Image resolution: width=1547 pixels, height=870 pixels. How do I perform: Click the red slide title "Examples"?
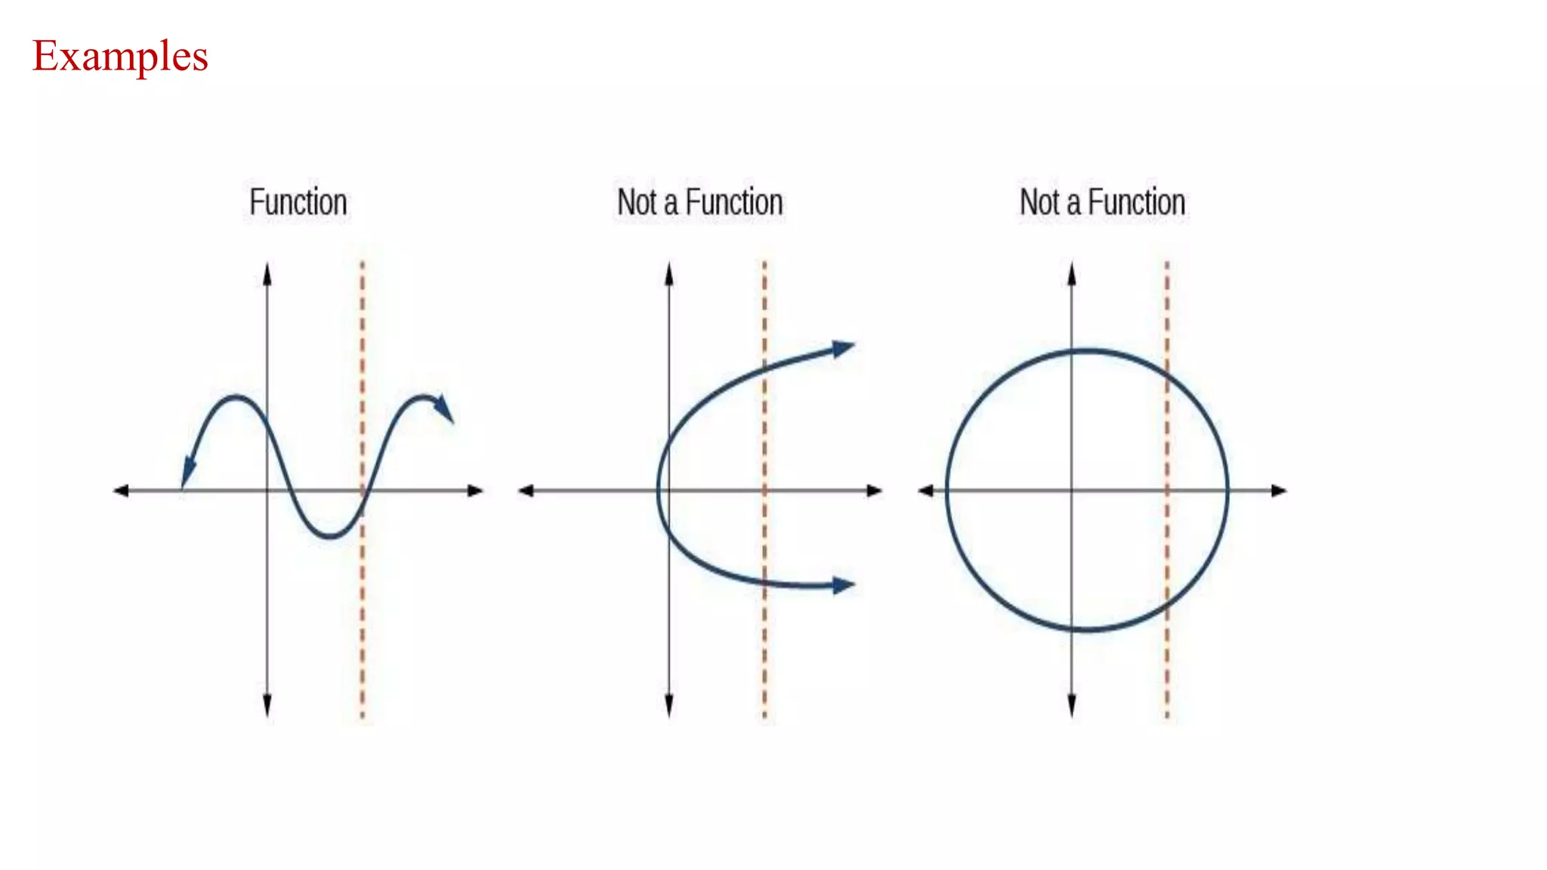(x=120, y=57)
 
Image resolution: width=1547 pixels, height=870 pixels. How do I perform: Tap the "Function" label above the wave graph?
(x=298, y=202)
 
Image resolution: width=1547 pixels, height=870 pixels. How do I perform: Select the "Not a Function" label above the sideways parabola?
(x=699, y=202)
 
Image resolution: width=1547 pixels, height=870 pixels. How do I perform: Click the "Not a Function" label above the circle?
(x=1102, y=202)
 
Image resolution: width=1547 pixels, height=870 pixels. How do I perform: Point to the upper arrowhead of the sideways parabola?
(x=844, y=348)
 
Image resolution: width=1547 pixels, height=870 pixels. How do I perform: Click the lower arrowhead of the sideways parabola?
(x=844, y=585)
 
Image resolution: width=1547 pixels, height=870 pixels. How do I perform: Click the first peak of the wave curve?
(x=236, y=396)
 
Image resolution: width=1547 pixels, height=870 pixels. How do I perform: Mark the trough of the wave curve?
(x=330, y=537)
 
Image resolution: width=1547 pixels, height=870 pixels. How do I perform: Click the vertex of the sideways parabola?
(x=659, y=490)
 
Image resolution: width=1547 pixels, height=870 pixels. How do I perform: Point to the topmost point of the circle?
(x=1087, y=350)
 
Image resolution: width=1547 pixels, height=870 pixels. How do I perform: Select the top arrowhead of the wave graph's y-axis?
(x=267, y=273)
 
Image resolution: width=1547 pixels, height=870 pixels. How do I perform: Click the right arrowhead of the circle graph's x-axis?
(x=1278, y=491)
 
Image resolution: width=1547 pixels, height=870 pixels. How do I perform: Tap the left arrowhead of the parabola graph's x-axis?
(x=526, y=491)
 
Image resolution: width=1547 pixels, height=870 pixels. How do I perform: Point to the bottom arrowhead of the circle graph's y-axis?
(x=1072, y=707)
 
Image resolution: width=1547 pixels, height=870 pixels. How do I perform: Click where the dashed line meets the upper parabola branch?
(x=764, y=367)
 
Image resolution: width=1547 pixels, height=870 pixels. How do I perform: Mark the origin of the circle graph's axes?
(x=1072, y=491)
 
